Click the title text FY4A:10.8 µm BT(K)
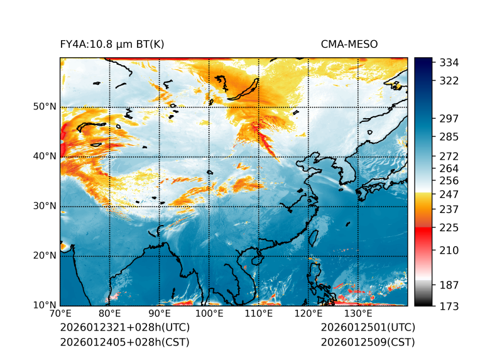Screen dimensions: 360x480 click(112, 45)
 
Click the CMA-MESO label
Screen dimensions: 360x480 click(349, 45)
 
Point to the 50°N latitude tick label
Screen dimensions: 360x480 click(45, 106)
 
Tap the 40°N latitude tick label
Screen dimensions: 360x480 click(45, 156)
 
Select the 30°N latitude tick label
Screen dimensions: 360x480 click(45, 205)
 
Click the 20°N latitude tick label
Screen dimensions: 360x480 click(45, 255)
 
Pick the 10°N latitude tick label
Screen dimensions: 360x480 click(45, 305)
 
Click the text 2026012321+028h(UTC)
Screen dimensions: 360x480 click(124, 328)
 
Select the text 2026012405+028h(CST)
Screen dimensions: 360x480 click(124, 342)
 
